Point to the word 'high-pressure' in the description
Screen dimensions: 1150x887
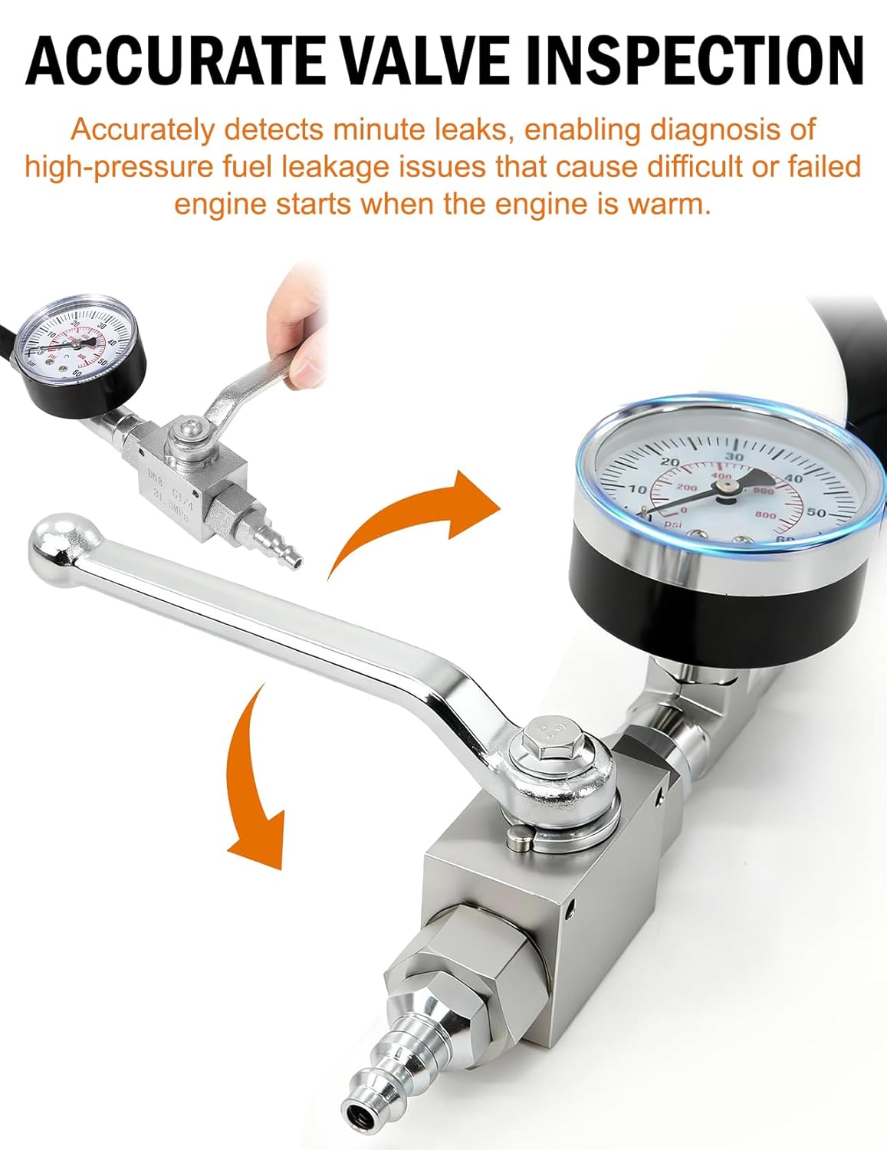coord(113,166)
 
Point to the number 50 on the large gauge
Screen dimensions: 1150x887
coord(816,514)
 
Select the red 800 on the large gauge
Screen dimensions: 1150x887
coord(765,515)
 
